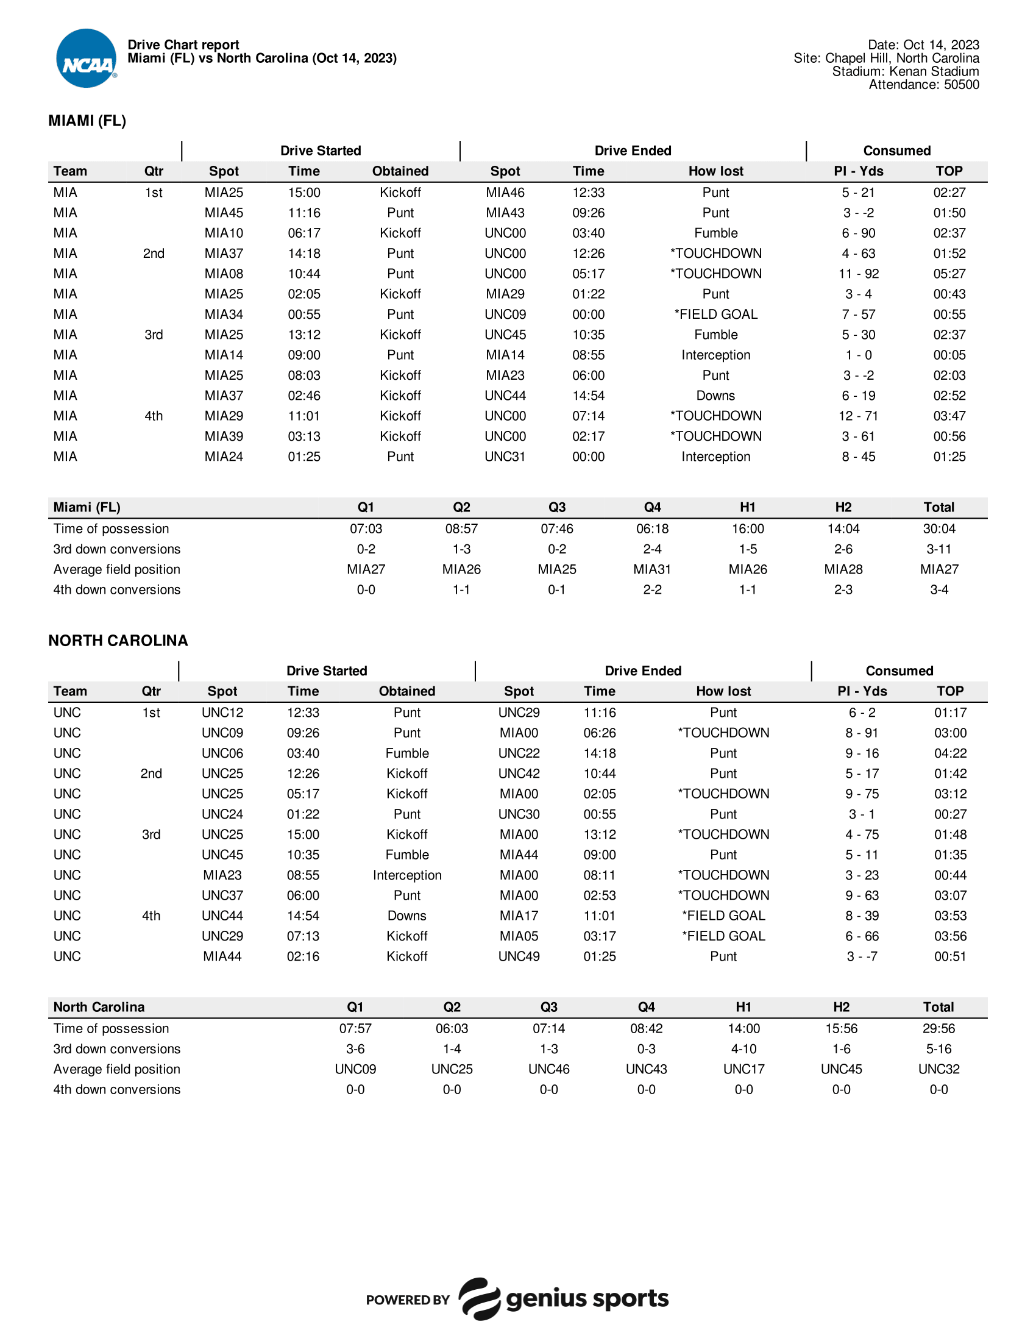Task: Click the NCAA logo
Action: [x=86, y=59]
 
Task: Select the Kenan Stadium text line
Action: [x=905, y=71]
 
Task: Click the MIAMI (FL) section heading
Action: [x=87, y=121]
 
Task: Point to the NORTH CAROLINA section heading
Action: [x=118, y=641]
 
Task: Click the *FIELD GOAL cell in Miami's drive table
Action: [x=715, y=315]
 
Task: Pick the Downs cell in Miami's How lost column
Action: [x=715, y=396]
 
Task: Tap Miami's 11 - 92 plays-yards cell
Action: [x=858, y=274]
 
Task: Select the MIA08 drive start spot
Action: [x=224, y=274]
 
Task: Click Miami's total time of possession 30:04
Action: [x=938, y=528]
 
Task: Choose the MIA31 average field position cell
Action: [x=652, y=569]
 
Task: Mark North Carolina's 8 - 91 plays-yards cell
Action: [x=861, y=733]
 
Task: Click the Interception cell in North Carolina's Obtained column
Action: [x=407, y=875]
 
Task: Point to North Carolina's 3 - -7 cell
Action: [x=861, y=956]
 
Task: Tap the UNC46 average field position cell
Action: [x=548, y=1069]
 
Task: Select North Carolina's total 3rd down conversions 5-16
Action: [x=938, y=1049]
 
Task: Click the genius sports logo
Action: [x=564, y=1298]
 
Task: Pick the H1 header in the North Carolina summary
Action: [x=743, y=1007]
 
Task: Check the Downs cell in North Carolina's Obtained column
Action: [x=407, y=916]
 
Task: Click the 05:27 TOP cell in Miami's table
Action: [x=949, y=274]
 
